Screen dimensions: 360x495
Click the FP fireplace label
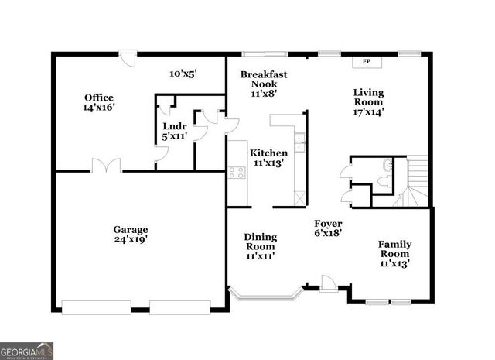pyautogui.click(x=366, y=61)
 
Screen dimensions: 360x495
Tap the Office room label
pyautogui.click(x=99, y=98)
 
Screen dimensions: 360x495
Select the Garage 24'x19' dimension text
pyautogui.click(x=130, y=240)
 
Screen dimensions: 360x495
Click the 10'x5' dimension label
pyautogui.click(x=183, y=74)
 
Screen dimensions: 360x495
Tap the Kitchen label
pyautogui.click(x=268, y=153)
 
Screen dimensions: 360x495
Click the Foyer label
pyautogui.click(x=328, y=222)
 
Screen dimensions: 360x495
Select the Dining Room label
pyautogui.click(x=260, y=242)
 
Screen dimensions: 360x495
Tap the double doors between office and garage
pyautogui.click(x=107, y=165)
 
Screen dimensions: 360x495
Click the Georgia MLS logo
pyautogui.click(x=27, y=350)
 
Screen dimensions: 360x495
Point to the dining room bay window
pyautogui.click(x=265, y=293)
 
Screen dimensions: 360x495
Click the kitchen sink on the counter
pyautogui.click(x=301, y=142)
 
